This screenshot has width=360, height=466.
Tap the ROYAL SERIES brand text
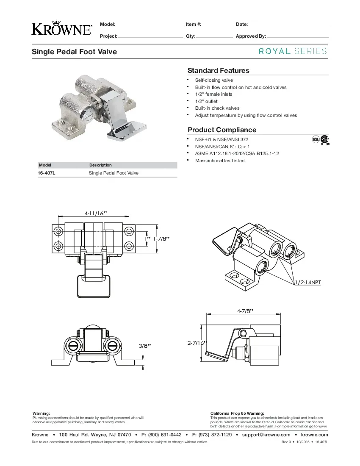(293, 51)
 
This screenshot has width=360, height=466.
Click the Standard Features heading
(218, 70)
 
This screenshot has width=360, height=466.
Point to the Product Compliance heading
(222, 130)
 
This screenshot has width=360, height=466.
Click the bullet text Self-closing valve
(214, 80)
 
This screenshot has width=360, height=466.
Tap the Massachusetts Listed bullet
(219, 161)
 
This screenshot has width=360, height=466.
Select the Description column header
(100, 165)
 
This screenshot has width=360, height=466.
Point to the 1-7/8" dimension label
(161, 239)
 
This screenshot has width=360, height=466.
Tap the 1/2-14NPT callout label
(307, 282)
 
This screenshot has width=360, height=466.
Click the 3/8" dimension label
(145, 346)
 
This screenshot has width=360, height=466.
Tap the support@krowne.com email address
(266, 435)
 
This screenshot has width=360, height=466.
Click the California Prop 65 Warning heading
(237, 413)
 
